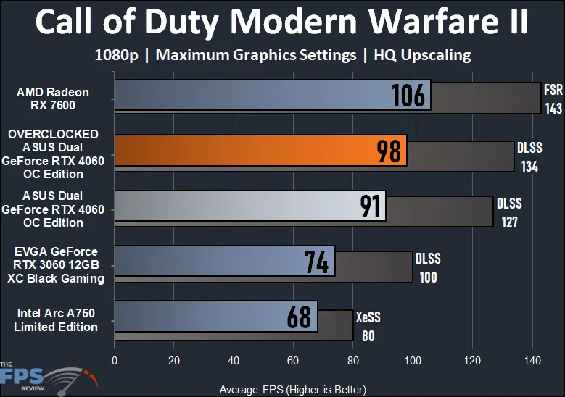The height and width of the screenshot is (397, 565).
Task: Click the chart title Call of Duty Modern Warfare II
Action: click(x=282, y=23)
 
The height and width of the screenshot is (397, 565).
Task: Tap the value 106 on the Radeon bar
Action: click(x=408, y=95)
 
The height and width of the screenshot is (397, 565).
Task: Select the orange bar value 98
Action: click(x=389, y=151)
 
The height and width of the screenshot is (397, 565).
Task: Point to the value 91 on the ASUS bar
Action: click(x=371, y=206)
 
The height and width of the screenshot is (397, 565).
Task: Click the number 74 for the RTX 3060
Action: click(x=316, y=262)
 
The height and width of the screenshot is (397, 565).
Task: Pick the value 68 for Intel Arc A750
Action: click(x=298, y=317)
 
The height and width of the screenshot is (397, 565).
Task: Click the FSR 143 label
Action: click(x=553, y=99)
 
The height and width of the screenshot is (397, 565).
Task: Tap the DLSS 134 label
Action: click(x=529, y=156)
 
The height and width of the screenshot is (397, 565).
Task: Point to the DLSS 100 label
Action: click(x=428, y=267)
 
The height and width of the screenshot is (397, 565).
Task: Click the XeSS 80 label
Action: click(x=368, y=325)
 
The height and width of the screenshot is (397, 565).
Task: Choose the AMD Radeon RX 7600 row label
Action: click(x=53, y=99)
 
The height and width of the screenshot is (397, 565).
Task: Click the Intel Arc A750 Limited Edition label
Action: click(x=56, y=319)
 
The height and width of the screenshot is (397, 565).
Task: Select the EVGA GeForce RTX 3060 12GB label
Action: click(x=59, y=264)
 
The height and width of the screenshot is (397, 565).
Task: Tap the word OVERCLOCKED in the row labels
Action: click(x=53, y=134)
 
